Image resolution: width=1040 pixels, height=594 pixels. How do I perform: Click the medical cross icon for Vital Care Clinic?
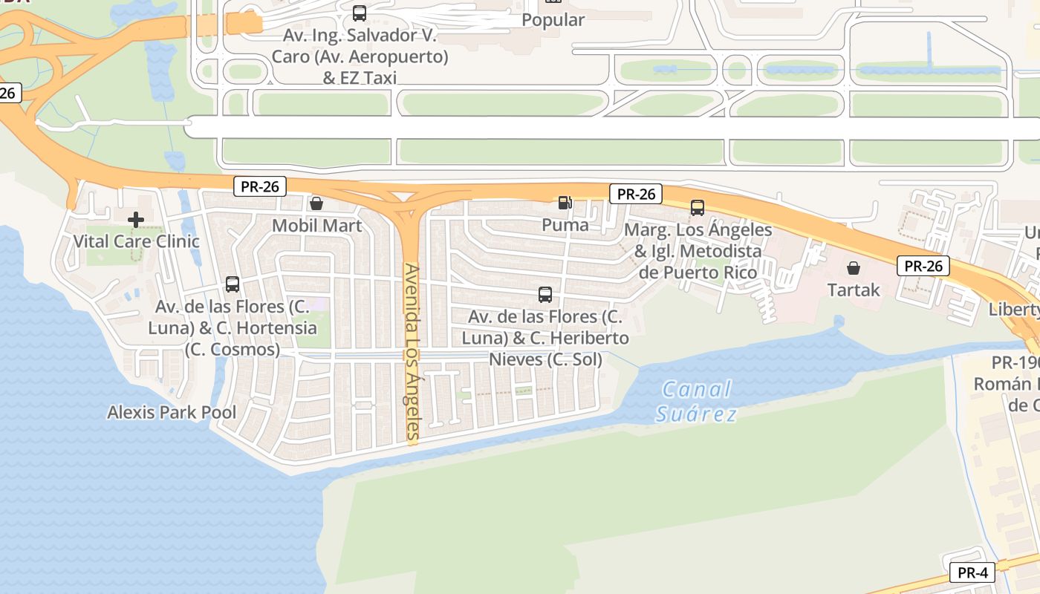tap(136, 220)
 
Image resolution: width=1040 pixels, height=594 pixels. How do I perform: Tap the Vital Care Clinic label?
tap(136, 241)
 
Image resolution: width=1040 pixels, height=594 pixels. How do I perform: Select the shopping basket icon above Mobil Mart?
tap(316, 203)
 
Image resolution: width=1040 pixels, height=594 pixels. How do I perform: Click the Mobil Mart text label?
tap(317, 226)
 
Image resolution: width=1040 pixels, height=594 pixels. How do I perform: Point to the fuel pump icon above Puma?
tap(565, 202)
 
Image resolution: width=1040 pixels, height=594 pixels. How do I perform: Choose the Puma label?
tap(565, 224)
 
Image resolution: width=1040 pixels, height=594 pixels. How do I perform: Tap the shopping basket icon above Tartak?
tap(854, 268)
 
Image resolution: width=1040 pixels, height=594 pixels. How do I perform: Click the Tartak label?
tap(854, 290)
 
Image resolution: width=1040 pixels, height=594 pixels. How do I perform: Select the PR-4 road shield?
tap(972, 572)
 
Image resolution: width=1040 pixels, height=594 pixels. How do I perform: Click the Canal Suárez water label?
tap(696, 401)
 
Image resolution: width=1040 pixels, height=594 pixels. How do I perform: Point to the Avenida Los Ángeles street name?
tap(412, 353)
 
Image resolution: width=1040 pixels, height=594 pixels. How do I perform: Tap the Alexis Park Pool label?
tap(172, 412)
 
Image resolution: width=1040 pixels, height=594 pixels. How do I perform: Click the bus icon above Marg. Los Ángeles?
tap(698, 208)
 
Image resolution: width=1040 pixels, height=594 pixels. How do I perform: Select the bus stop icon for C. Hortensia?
tap(233, 284)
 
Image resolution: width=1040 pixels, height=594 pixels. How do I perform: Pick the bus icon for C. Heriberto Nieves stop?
tap(545, 295)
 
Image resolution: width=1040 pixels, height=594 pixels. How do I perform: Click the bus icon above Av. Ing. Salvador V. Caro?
tap(360, 13)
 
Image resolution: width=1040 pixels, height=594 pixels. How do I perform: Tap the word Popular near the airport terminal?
tap(553, 20)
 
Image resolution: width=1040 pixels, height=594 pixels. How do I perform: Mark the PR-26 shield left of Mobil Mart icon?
tap(260, 186)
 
